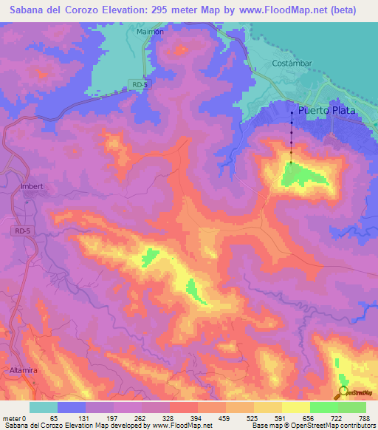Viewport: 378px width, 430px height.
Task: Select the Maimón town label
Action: [x=150, y=33]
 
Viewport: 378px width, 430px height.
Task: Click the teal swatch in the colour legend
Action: [x=43, y=407]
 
